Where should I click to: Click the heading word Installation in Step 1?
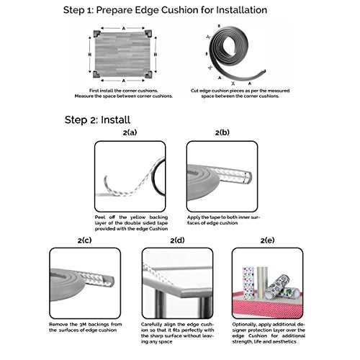pos(241,10)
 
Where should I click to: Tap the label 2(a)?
pos(130,132)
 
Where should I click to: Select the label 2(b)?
pos(222,132)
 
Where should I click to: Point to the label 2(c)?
pos(84,240)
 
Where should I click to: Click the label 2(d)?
pos(177,240)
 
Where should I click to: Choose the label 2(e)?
pos(268,240)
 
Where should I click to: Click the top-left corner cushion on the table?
pos(97,33)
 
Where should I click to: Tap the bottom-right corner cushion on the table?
pos(148,74)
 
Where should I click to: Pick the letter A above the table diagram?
pos(124,29)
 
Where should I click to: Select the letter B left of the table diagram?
pos(90,55)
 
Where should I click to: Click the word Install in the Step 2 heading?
pos(115,120)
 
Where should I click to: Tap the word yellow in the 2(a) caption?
pos(138,217)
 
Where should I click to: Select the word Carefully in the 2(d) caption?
pos(151,325)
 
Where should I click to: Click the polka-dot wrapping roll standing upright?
pos(248,283)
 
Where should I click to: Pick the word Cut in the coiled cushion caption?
pos(194,91)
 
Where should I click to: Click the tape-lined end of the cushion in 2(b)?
pos(247,177)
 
